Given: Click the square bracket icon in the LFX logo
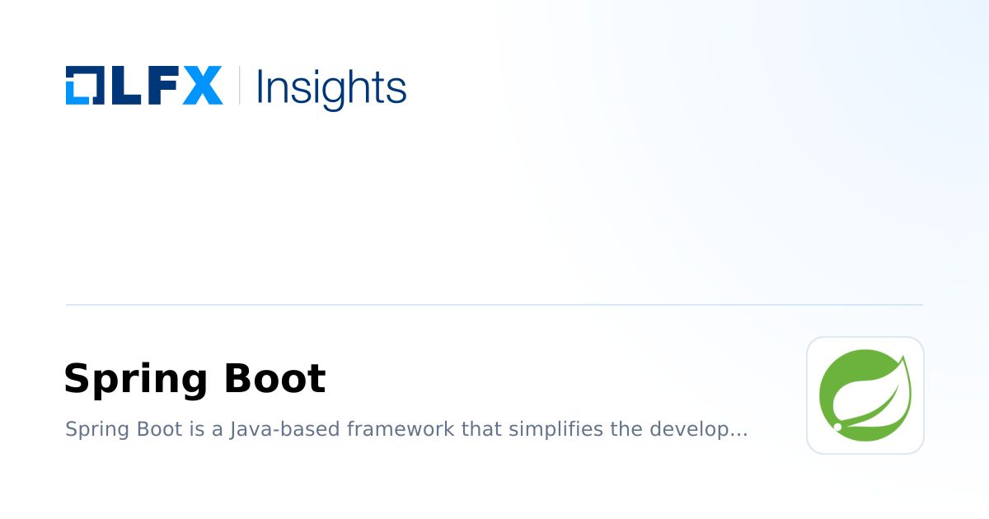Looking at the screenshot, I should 83,85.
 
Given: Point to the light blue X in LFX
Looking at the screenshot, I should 203,85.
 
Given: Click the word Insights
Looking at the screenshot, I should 331,86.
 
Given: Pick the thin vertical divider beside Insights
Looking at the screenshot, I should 240,85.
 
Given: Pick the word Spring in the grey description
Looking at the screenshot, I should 92,430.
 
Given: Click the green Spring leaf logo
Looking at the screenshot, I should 865,395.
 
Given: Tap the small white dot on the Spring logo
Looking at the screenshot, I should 838,428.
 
